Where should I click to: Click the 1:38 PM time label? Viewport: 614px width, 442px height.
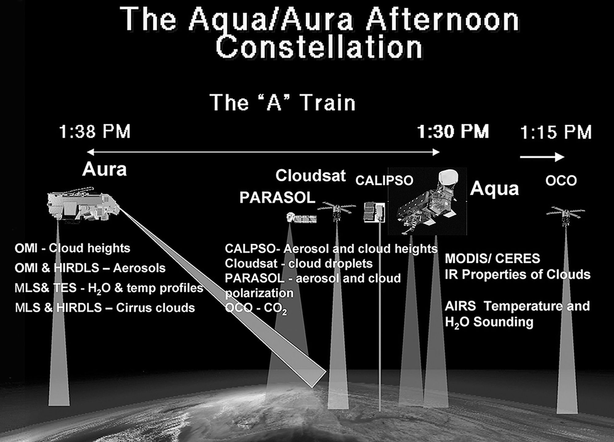point(95,132)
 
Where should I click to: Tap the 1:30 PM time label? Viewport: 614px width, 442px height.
point(453,132)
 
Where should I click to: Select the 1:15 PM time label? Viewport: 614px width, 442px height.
point(556,132)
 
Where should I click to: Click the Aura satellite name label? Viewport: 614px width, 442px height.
point(104,169)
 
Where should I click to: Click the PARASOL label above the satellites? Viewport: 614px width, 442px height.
point(278,198)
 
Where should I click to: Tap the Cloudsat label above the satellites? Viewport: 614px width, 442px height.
point(311,176)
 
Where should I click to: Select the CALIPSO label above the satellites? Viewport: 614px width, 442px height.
point(384,181)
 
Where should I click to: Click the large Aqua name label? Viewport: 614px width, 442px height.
point(494,188)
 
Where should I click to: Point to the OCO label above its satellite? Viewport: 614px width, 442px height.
point(561,181)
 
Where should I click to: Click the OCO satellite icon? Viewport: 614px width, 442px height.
point(566,216)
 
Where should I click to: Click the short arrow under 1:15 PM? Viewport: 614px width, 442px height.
point(542,157)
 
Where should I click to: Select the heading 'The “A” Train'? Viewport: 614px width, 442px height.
point(282,103)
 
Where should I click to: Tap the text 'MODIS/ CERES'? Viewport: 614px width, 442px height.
point(492,259)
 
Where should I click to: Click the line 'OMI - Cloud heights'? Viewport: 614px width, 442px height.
point(72,248)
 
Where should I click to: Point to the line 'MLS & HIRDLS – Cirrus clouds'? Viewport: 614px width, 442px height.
point(105,308)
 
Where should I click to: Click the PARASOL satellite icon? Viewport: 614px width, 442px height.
point(301,218)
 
